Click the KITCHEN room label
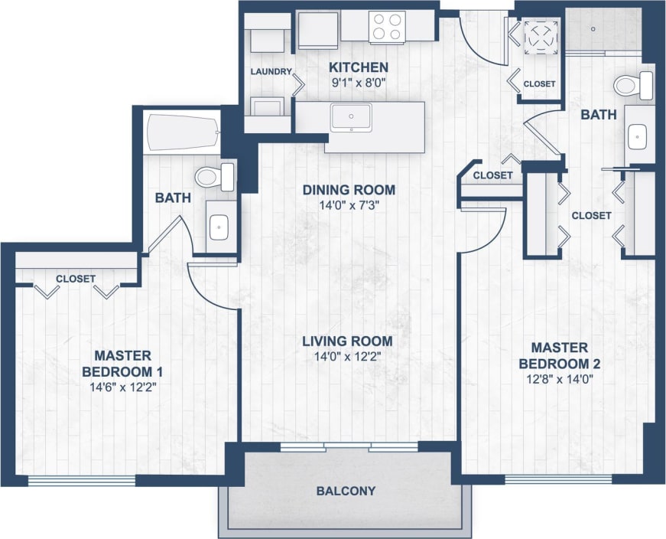point(358,67)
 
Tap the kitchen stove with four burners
point(386,28)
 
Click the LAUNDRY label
point(271,72)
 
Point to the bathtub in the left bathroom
point(181,132)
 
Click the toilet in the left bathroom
point(214,177)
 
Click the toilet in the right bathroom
point(633,84)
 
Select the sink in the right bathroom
point(638,136)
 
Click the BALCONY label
point(346,491)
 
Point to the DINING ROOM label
point(349,190)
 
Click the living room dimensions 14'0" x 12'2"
point(347,356)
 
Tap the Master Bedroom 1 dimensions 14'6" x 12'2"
point(122,387)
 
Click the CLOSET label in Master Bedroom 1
point(76,279)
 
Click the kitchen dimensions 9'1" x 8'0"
point(358,81)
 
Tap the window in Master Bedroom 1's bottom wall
point(82,481)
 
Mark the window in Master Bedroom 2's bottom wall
point(558,480)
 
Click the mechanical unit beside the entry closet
point(541,37)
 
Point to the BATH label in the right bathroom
point(598,115)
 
